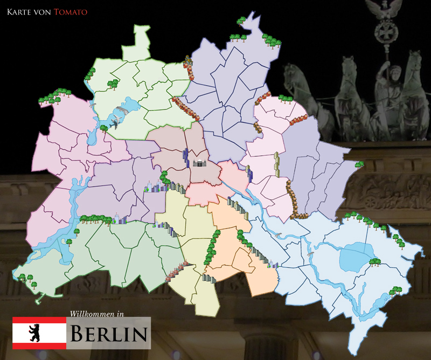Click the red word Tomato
click(x=71, y=11)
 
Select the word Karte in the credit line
click(x=18, y=11)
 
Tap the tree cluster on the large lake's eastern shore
click(x=374, y=262)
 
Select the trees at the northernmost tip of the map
click(x=241, y=21)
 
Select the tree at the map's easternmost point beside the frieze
click(x=358, y=164)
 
